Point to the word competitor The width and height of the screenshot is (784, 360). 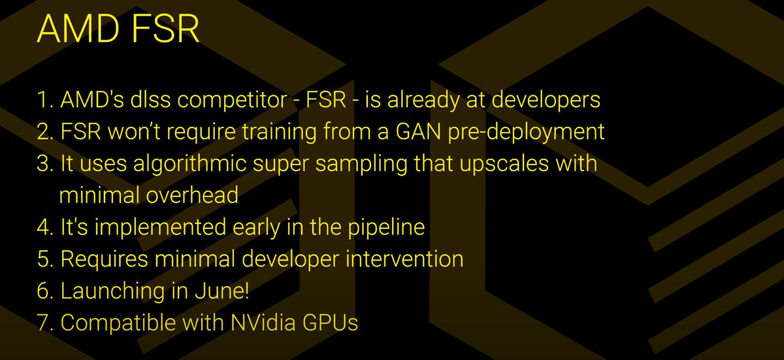pos(232,99)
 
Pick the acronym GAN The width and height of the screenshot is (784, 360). pos(418,131)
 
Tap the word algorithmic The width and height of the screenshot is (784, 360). pos(189,164)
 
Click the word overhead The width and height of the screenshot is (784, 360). pos(192,195)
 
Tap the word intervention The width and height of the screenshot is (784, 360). pos(404,259)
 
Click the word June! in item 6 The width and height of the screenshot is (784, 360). pos(222,290)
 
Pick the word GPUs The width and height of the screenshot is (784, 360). pos(331,322)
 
